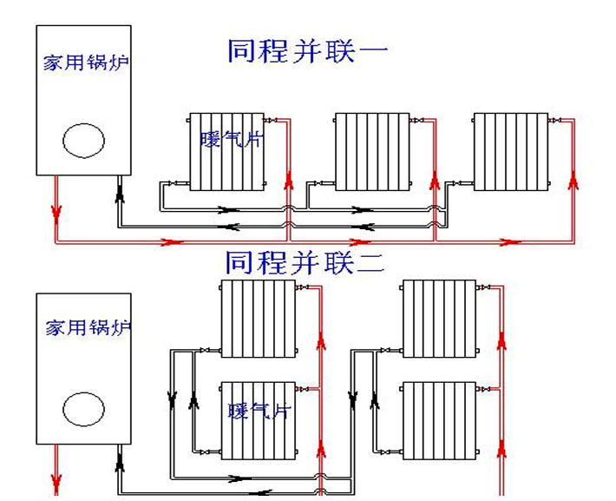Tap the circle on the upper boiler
point(84,140)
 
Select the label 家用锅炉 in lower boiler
point(88,328)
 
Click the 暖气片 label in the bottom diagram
point(258,411)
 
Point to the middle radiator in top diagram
point(370,151)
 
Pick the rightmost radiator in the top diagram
point(510,151)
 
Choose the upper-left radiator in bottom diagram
point(258,319)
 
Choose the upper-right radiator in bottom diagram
point(440,319)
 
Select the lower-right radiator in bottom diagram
point(440,420)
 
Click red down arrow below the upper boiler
point(56,211)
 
